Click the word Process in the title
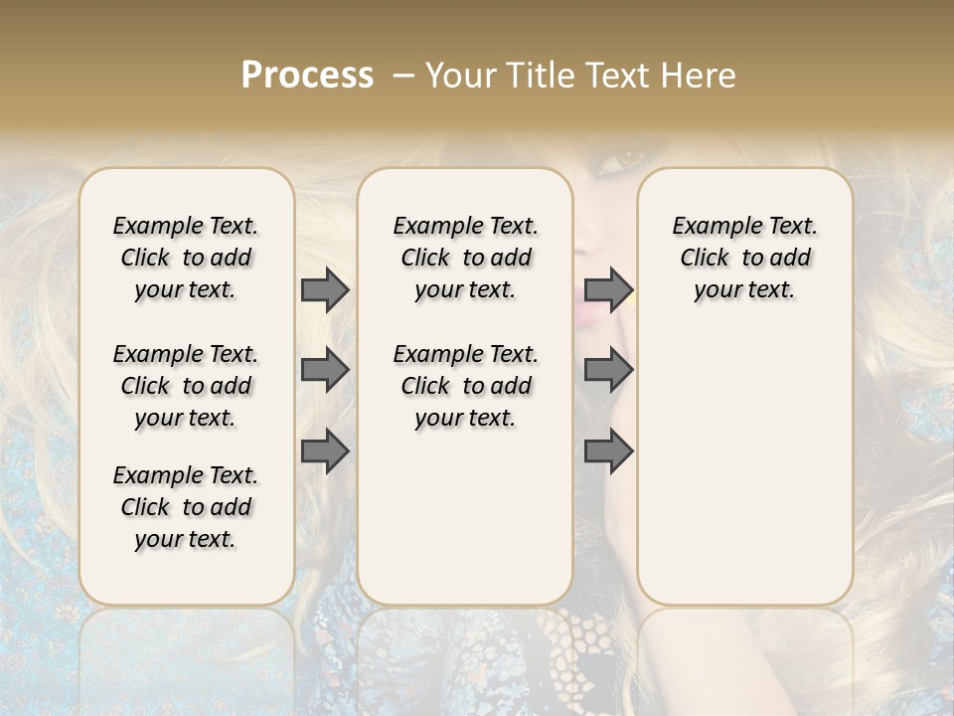coord(307,76)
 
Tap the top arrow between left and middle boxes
coord(325,289)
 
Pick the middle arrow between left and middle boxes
coord(325,370)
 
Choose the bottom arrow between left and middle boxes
coord(325,451)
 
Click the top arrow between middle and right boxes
coord(608,289)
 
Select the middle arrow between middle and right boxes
coord(608,370)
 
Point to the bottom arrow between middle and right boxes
coord(608,451)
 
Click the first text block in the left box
coord(186,258)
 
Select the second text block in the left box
coord(186,386)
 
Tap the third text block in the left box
coord(186,507)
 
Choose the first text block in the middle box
coord(465,258)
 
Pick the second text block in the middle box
coord(465,386)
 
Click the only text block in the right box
coord(745,258)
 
